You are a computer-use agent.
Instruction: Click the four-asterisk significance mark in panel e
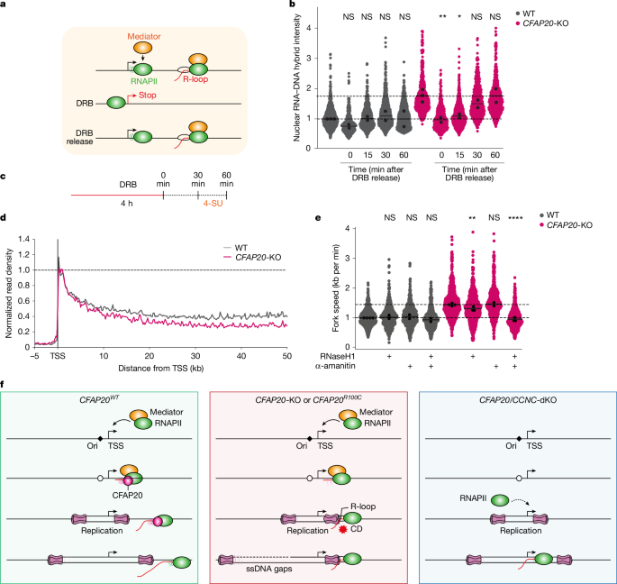pos(540,242)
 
